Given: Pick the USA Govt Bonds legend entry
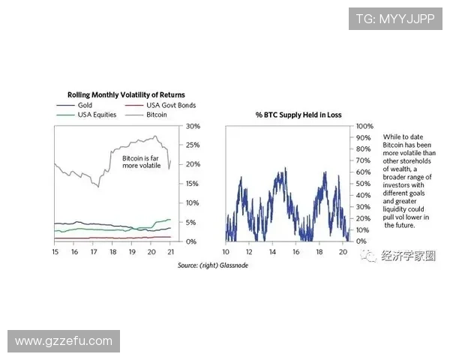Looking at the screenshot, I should pos(170,106).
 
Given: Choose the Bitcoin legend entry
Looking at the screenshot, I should pos(156,115).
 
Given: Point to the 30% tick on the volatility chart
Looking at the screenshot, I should pos(192,126).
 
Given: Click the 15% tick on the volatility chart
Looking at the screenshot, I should pos(192,184).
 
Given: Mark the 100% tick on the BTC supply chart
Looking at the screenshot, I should pos(363,126).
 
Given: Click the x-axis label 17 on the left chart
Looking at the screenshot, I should pos(93,253).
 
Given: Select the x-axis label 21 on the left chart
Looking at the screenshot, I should pos(170,253).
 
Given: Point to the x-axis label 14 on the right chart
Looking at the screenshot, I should pos(273,253).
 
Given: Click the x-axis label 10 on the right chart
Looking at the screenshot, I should pos(225,253).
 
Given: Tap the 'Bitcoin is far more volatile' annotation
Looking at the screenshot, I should pos(140,163).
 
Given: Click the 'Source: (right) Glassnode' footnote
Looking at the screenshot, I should pos(212,265).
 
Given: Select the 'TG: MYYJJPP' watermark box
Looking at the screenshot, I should pos(395,18).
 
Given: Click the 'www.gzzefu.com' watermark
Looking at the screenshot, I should pos(63,341).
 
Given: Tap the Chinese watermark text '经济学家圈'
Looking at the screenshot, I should pos(408,256).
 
